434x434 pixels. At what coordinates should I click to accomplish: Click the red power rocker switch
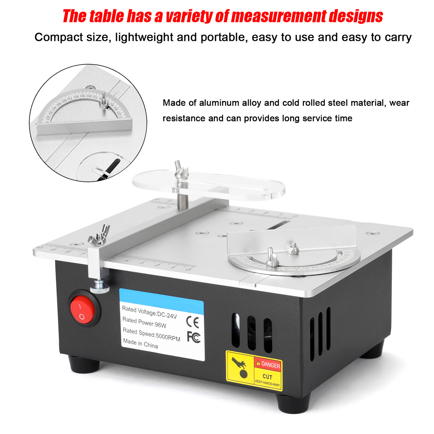[82, 310]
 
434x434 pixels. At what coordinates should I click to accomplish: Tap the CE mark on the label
[192, 322]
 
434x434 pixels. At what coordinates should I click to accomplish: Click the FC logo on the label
[194, 337]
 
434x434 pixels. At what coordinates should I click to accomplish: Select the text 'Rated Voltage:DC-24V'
[149, 312]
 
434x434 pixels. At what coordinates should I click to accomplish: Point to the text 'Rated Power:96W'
[144, 322]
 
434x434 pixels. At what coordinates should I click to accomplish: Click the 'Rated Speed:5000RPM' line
[151, 334]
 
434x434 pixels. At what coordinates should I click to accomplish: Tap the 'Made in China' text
[140, 343]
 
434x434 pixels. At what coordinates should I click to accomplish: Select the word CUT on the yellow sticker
[267, 377]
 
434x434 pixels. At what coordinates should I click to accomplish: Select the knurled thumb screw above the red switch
[100, 287]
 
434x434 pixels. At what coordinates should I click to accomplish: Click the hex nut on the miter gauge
[293, 249]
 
